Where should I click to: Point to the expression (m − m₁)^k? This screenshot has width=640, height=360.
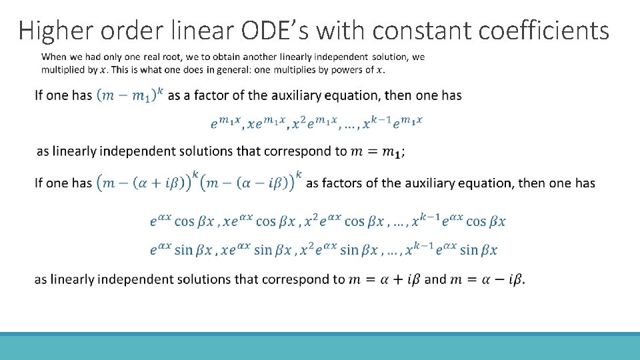tap(130, 95)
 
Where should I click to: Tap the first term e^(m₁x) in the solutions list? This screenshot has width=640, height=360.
tap(225, 123)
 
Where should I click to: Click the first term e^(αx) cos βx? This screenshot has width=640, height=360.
tap(181, 221)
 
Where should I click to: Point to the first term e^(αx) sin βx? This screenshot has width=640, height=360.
tap(181, 250)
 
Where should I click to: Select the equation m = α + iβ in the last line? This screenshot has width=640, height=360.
tap(386, 279)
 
